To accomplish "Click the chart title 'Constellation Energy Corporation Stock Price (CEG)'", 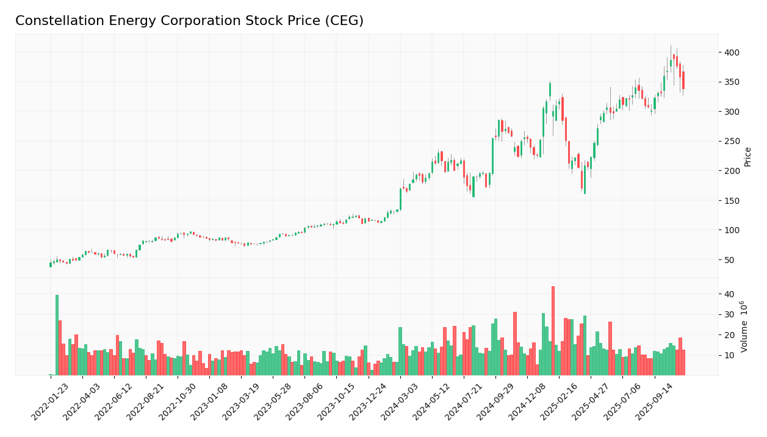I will pyautogui.click(x=189, y=21).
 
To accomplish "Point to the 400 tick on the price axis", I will pyautogui.click(x=731, y=52).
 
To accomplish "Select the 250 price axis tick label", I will pyautogui.click(x=731, y=141).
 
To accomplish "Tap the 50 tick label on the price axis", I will pyautogui.click(x=729, y=260).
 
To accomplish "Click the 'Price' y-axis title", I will pyautogui.click(x=747, y=156).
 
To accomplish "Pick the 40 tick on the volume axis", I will pyautogui.click(x=729, y=294).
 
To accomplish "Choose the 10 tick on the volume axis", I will pyautogui.click(x=729, y=356).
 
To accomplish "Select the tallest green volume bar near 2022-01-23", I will pyautogui.click(x=57, y=335).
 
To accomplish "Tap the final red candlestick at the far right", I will pyautogui.click(x=683, y=80).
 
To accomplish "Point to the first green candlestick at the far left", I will pyautogui.click(x=50, y=264).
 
